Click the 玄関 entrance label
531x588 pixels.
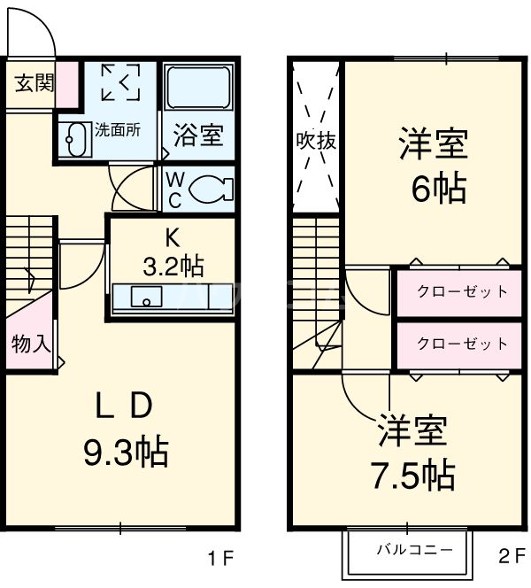click(34, 83)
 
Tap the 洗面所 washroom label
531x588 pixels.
click(117, 129)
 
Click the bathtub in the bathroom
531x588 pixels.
click(198, 89)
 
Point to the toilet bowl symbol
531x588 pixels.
click(210, 188)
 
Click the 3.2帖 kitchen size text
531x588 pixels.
click(173, 264)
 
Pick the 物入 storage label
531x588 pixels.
click(30, 344)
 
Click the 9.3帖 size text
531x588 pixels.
click(126, 453)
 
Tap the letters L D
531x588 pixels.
click(125, 406)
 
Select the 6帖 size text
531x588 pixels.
click(433, 188)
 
